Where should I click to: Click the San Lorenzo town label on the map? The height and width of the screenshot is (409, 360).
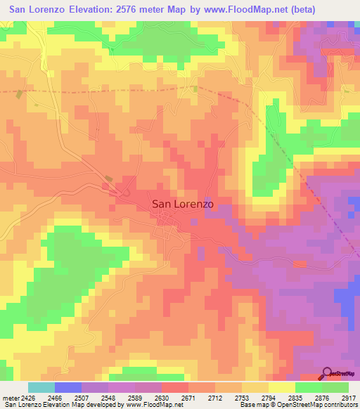[182, 204]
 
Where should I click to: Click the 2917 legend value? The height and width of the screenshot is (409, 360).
[349, 397]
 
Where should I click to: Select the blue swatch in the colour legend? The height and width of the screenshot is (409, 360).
[67, 387]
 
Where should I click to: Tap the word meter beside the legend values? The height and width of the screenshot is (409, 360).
[10, 397]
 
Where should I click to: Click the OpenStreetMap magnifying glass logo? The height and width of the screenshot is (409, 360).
[326, 373]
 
